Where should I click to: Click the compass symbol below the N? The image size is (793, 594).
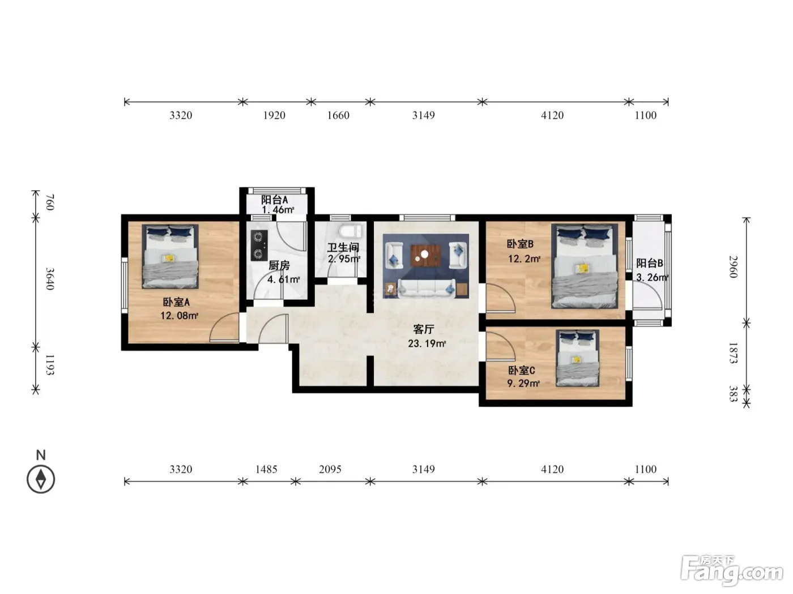(41, 479)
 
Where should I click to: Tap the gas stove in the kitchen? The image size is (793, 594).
(259, 246)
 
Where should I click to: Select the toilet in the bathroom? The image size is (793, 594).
(350, 231)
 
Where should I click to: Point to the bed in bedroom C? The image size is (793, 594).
(577, 358)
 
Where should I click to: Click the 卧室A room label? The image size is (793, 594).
(176, 302)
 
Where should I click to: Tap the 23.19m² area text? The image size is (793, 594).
(427, 343)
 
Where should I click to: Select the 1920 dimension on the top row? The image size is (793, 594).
(274, 115)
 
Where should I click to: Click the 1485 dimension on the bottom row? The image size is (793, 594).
(266, 469)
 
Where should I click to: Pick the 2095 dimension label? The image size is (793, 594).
(330, 469)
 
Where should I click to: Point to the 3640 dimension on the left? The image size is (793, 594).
(50, 279)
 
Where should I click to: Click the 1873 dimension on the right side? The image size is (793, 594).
(732, 353)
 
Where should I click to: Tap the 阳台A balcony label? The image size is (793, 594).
(275, 200)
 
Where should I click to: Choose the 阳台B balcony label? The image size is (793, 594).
(650, 263)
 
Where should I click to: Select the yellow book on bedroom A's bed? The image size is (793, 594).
(168, 258)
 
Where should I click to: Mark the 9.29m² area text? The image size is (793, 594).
(523, 383)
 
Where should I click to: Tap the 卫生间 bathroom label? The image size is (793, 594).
(343, 247)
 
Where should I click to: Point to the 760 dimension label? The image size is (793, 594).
(50, 203)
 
